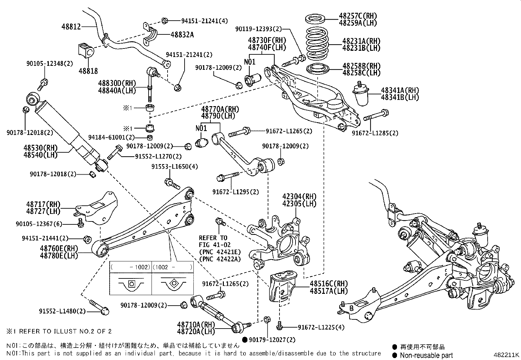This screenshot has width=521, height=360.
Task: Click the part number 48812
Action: coord(71,27)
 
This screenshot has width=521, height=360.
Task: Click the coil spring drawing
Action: coord(317,43)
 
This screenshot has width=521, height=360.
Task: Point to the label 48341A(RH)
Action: coord(400,90)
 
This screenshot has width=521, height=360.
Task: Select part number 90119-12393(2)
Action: coord(258,29)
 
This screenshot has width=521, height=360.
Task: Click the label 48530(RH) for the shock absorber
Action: coord(40,148)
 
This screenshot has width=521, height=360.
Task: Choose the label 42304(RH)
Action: coord(299,197)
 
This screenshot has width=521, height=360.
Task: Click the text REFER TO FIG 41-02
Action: coord(215,241)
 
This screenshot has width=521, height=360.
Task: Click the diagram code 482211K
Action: coord(507,354)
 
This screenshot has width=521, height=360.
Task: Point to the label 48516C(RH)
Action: coord(329,284)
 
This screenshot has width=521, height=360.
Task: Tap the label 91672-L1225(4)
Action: coord(321,327)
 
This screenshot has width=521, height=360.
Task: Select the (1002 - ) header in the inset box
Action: coord(172,267)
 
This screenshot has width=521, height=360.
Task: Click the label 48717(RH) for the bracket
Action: coord(44,205)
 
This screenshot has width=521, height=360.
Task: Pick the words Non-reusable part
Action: coord(427,355)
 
